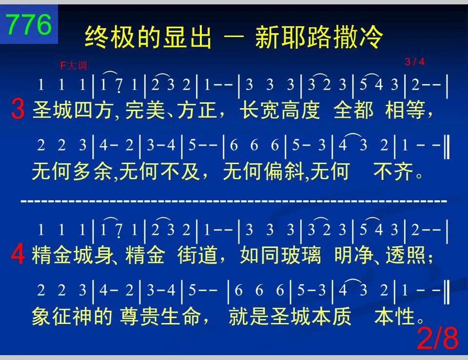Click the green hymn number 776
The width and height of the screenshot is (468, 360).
click(x=29, y=24)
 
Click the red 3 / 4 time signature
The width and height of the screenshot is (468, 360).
click(x=414, y=62)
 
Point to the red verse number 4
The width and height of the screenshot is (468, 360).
click(x=18, y=255)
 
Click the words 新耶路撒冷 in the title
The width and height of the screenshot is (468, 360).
click(x=319, y=37)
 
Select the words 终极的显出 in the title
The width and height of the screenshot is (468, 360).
click(x=148, y=37)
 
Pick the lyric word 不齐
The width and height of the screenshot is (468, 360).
click(x=393, y=171)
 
